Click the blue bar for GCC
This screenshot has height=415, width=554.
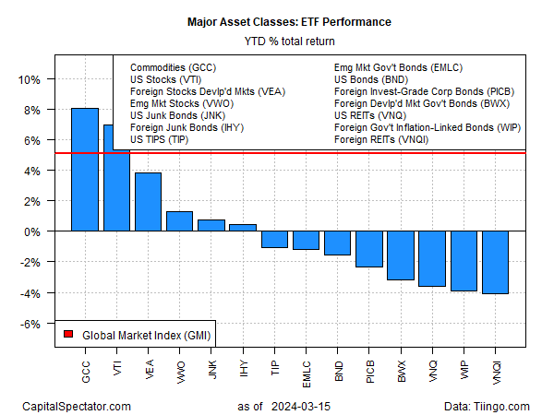point(85,170)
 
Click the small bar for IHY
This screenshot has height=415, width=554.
point(243,228)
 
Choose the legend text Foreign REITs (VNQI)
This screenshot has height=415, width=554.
point(381,140)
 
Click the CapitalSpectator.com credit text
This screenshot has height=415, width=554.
point(77,406)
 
